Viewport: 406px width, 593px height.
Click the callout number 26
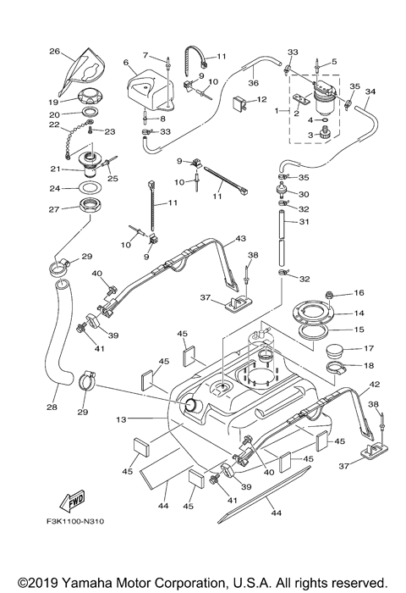[x=54, y=51]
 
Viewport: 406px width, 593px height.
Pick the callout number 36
[x=252, y=83]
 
